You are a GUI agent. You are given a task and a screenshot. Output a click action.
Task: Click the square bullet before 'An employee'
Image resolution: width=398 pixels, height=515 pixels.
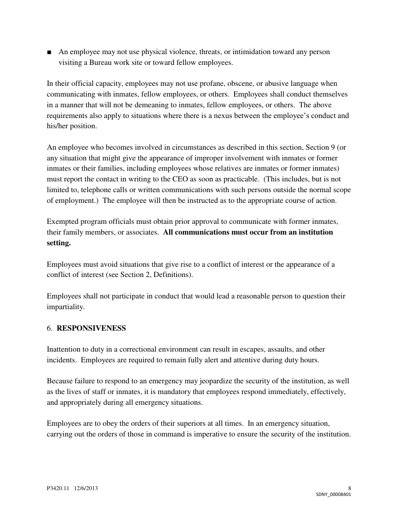point(49,52)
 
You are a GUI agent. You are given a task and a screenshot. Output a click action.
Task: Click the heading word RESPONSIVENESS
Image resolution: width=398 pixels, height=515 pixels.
point(91,329)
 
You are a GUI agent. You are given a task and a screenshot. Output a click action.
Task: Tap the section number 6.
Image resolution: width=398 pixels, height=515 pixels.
point(49,329)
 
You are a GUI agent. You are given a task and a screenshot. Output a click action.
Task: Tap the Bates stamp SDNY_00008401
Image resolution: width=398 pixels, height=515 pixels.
point(334,494)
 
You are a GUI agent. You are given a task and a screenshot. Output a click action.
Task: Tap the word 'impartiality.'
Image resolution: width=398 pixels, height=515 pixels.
point(66,307)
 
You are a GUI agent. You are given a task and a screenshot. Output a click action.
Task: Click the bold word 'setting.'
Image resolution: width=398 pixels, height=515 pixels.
point(59,243)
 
